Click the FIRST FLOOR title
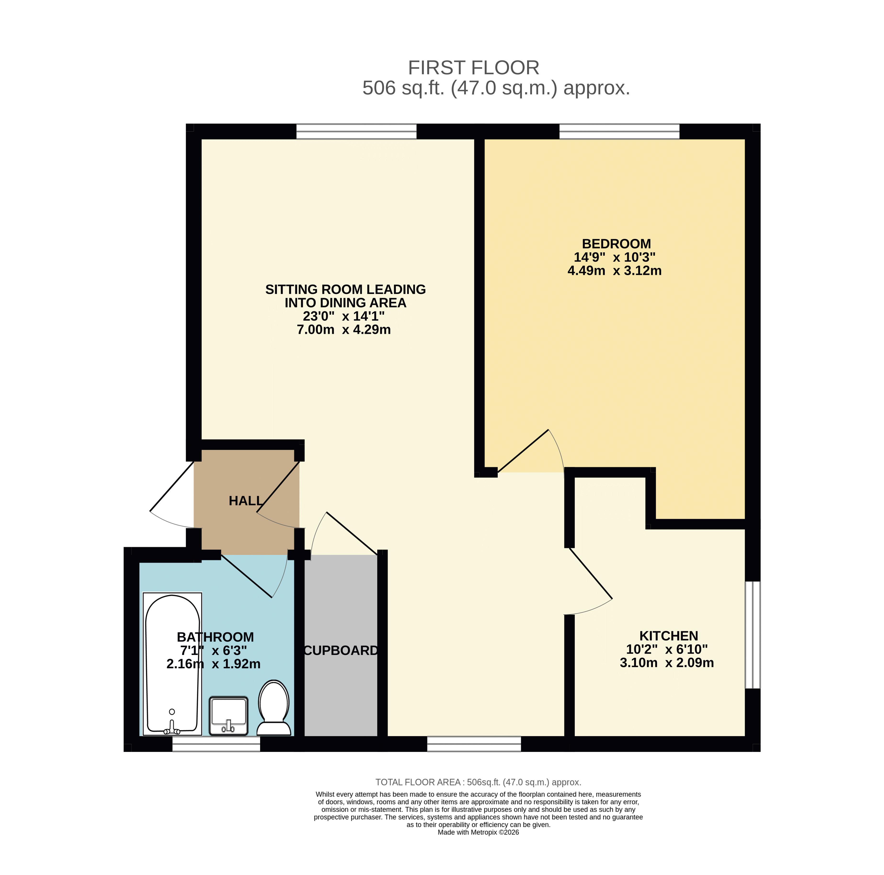pyautogui.click(x=473, y=68)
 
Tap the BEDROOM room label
pyautogui.click(x=616, y=244)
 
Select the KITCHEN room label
pyautogui.click(x=668, y=636)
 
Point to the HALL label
pyautogui.click(x=246, y=501)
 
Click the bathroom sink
pyautogui.click(x=229, y=716)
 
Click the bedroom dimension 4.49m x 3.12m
pyautogui.click(x=615, y=271)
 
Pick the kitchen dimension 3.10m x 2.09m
pyautogui.click(x=667, y=663)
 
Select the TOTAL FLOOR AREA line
pyautogui.click(x=478, y=782)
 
